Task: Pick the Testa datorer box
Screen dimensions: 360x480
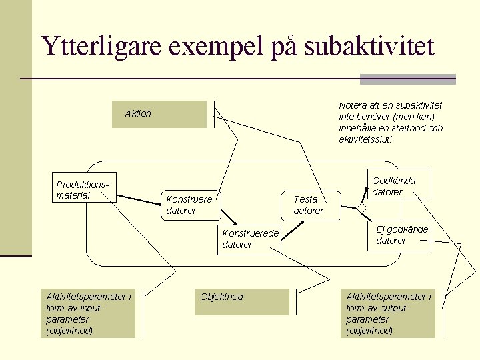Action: pos(313,205)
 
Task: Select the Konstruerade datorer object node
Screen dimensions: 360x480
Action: pos(250,239)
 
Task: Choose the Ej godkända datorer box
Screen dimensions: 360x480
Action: pos(399,235)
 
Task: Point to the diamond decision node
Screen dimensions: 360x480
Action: pos(362,209)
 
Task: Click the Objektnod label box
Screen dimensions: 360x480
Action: pos(243,301)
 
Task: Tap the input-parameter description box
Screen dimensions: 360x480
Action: pos(88,313)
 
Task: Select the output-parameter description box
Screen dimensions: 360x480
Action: pos(388,313)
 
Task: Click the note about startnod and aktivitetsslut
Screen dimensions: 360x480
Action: pos(391,122)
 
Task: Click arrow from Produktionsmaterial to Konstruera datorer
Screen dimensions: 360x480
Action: pos(139,198)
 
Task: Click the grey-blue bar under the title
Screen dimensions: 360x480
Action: pos(407,79)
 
